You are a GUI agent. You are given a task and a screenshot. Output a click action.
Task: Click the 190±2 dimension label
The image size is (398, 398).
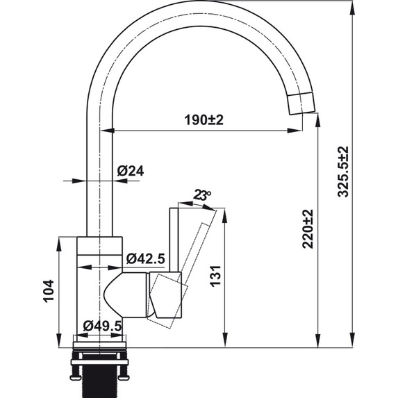204,120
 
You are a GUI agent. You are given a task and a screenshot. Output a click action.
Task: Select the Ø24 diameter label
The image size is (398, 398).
131,170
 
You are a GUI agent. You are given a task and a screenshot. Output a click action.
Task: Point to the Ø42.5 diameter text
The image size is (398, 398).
145,259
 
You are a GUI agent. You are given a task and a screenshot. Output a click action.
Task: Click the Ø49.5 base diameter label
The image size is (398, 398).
103,326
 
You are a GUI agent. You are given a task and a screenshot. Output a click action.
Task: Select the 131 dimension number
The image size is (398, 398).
213,276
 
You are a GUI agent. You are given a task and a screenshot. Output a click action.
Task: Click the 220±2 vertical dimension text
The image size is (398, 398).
308,229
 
